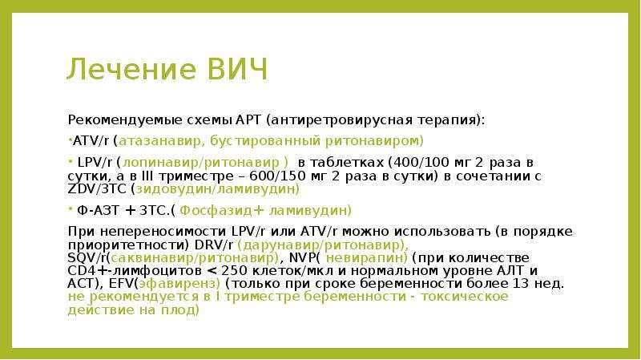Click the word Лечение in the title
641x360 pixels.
coord(132,69)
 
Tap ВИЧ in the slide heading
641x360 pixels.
coord(238,69)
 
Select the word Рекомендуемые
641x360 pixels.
coord(125,121)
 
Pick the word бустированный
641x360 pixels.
coord(265,141)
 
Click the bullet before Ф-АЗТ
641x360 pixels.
coord(71,208)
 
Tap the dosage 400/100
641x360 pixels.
coord(420,163)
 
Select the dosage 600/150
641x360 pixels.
coord(276,176)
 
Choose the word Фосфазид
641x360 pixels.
coord(216,211)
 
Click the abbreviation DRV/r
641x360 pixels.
coord(214,245)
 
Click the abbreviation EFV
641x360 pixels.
coord(122,284)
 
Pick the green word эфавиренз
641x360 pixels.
coord(177,285)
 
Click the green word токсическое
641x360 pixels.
coord(465,297)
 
